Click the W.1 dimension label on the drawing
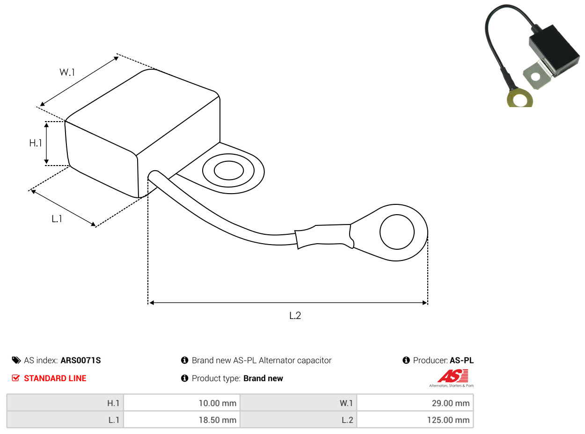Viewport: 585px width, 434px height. [67, 72]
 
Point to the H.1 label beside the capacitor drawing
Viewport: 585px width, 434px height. [36, 143]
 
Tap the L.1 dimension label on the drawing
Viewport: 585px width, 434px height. [57, 218]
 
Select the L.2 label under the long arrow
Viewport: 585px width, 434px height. [295, 315]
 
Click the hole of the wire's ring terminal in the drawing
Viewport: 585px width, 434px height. [397, 232]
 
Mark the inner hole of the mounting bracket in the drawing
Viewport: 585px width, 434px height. [228, 170]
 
